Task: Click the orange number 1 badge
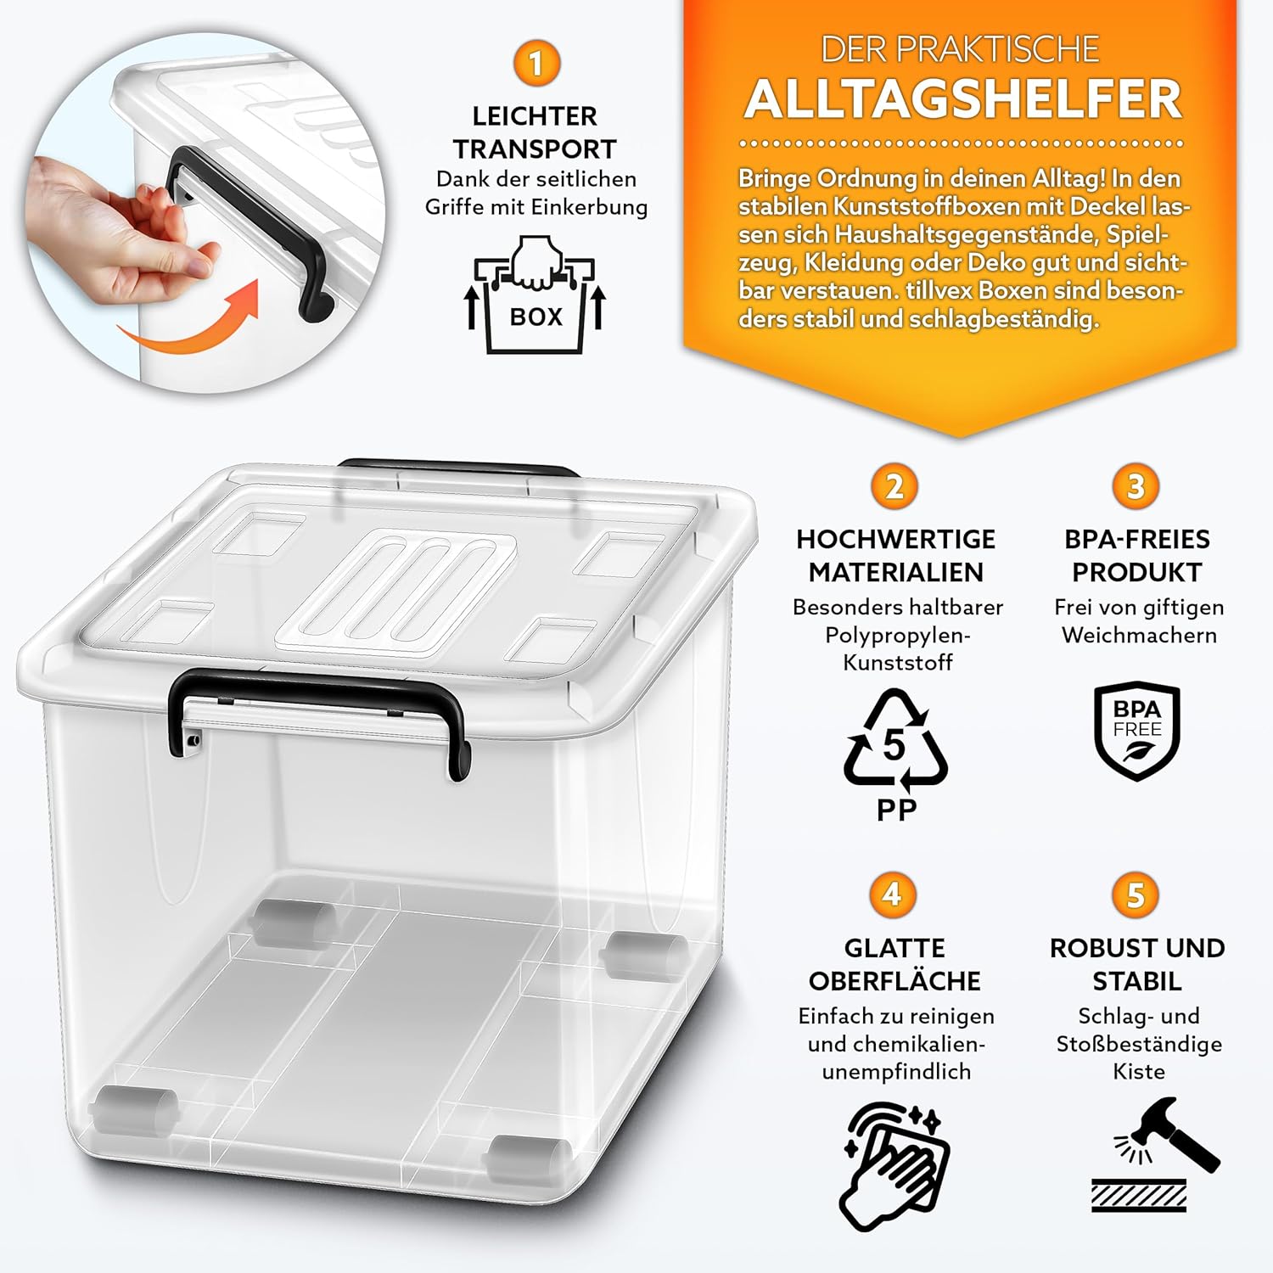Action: [x=536, y=64]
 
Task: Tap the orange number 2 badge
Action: [x=894, y=487]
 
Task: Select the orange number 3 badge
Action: [x=1136, y=487]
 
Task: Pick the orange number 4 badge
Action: [x=892, y=894]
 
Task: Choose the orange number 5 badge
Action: [x=1136, y=894]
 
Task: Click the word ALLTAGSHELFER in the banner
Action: [x=963, y=99]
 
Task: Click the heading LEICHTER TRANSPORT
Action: [x=536, y=132]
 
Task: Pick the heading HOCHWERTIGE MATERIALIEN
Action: [x=896, y=555]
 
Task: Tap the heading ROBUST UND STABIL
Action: [x=1137, y=964]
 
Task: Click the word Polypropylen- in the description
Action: [x=897, y=635]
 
